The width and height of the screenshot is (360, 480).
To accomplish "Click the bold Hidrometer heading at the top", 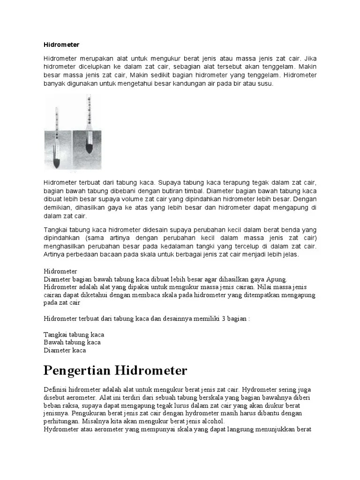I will (61, 45).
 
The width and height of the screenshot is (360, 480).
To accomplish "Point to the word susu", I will (264, 83).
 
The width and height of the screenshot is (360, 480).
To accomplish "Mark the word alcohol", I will (213, 421).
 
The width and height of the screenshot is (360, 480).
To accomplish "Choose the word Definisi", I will (55, 390).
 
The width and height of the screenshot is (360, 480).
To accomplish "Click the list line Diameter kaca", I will (65, 350).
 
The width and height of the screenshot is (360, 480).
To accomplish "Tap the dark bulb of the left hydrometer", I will (56, 163).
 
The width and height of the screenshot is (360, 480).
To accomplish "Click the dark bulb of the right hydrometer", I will (89, 148).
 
